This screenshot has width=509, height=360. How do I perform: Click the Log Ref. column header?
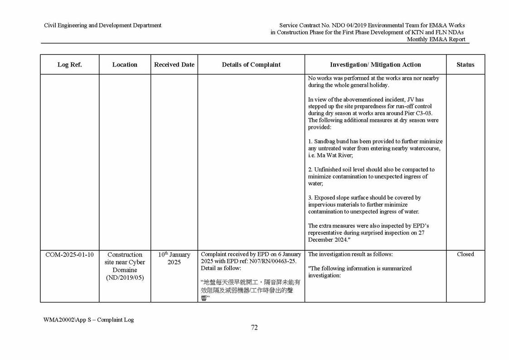[x=69, y=64]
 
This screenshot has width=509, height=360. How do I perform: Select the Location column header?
[x=125, y=64]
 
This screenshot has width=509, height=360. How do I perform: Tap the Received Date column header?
[x=174, y=64]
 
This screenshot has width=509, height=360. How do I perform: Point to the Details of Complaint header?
[x=251, y=64]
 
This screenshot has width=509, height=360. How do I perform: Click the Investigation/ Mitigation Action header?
[x=375, y=64]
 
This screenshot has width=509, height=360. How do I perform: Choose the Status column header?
[x=465, y=64]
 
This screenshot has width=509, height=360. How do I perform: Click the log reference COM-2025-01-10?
[x=69, y=254]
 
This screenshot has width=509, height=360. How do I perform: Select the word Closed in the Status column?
[x=465, y=254]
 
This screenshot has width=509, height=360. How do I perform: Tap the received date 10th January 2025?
[x=174, y=258]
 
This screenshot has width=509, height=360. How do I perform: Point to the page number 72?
[x=254, y=328]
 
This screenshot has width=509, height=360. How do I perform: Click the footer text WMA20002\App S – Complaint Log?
[x=88, y=320]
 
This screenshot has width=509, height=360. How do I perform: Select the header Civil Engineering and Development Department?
[x=102, y=25]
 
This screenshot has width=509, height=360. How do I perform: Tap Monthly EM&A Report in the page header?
[x=436, y=39]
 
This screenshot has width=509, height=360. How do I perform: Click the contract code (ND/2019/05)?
[x=125, y=277]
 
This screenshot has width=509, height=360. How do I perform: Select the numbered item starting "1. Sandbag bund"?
[x=375, y=148]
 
